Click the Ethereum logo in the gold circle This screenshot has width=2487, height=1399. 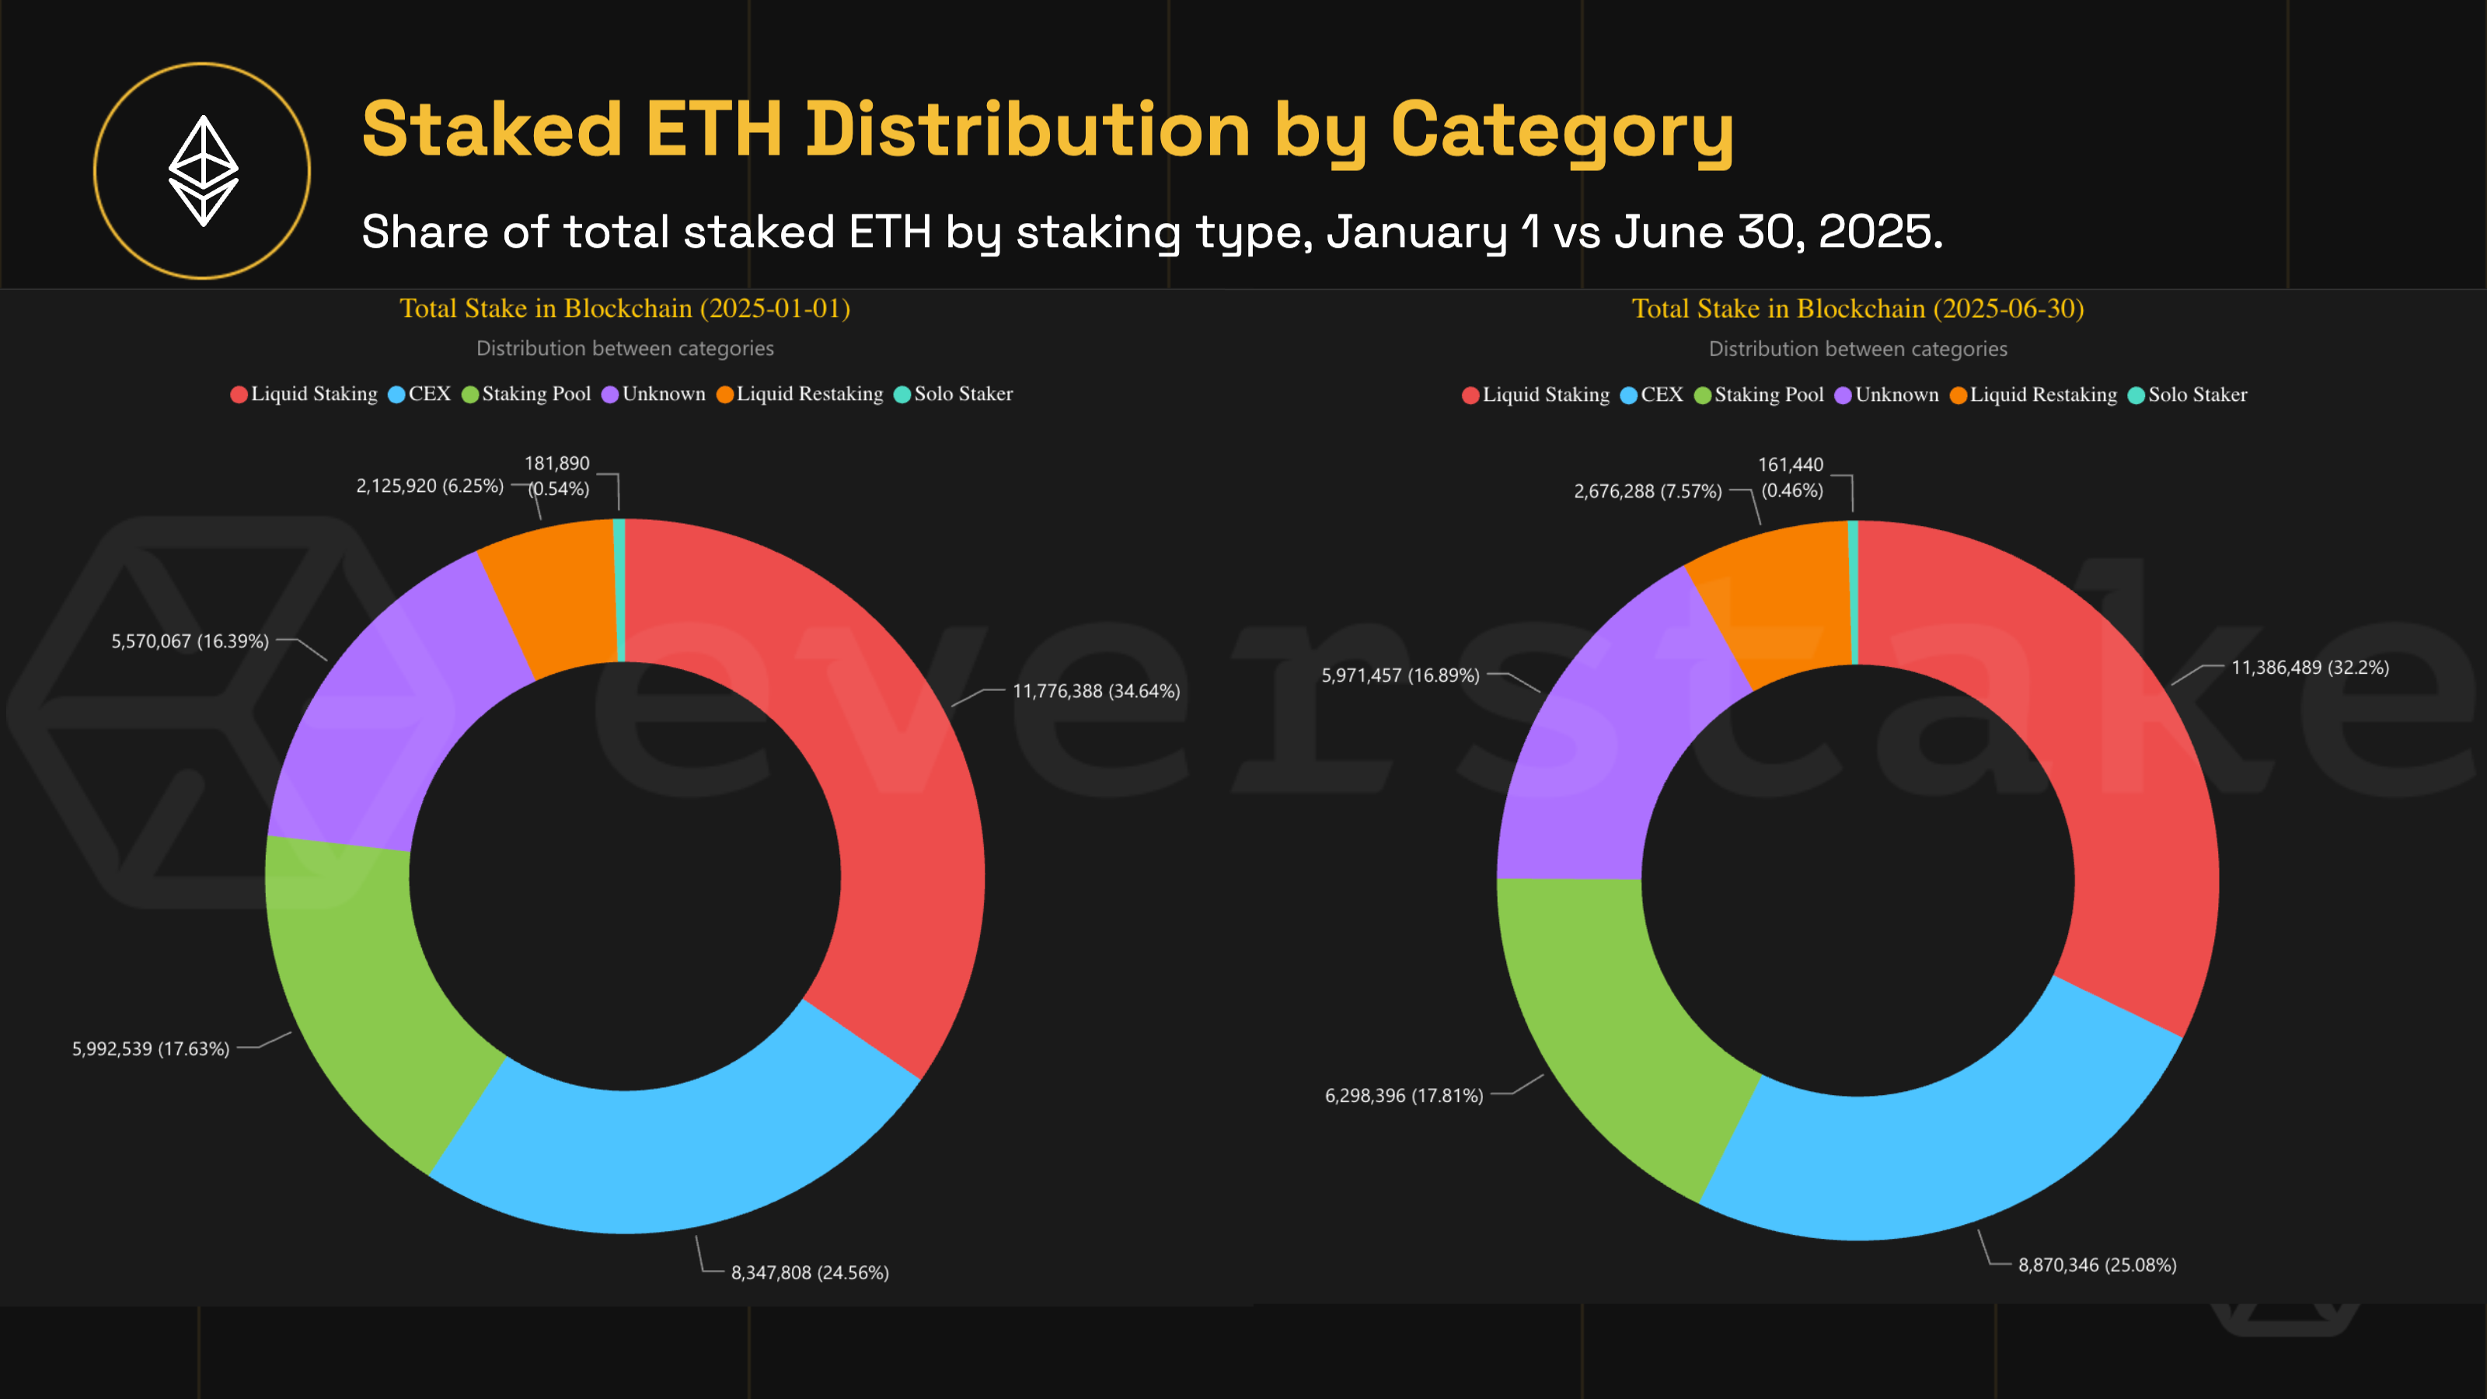203,171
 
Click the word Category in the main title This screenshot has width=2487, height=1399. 1561,131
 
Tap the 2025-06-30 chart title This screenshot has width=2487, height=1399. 1857,309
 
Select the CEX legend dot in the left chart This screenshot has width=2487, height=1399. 396,395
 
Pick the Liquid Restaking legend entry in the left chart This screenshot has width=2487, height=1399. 800,394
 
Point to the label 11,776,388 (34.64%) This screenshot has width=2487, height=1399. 1096,691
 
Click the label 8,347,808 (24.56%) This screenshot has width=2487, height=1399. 809,1272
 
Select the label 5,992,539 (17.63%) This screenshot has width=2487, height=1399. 151,1048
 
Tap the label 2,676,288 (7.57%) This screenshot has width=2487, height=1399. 1647,491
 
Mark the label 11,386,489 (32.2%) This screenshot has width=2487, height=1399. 2309,667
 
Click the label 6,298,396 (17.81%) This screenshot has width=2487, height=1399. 1404,1096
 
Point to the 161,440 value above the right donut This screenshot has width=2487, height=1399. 1790,466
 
